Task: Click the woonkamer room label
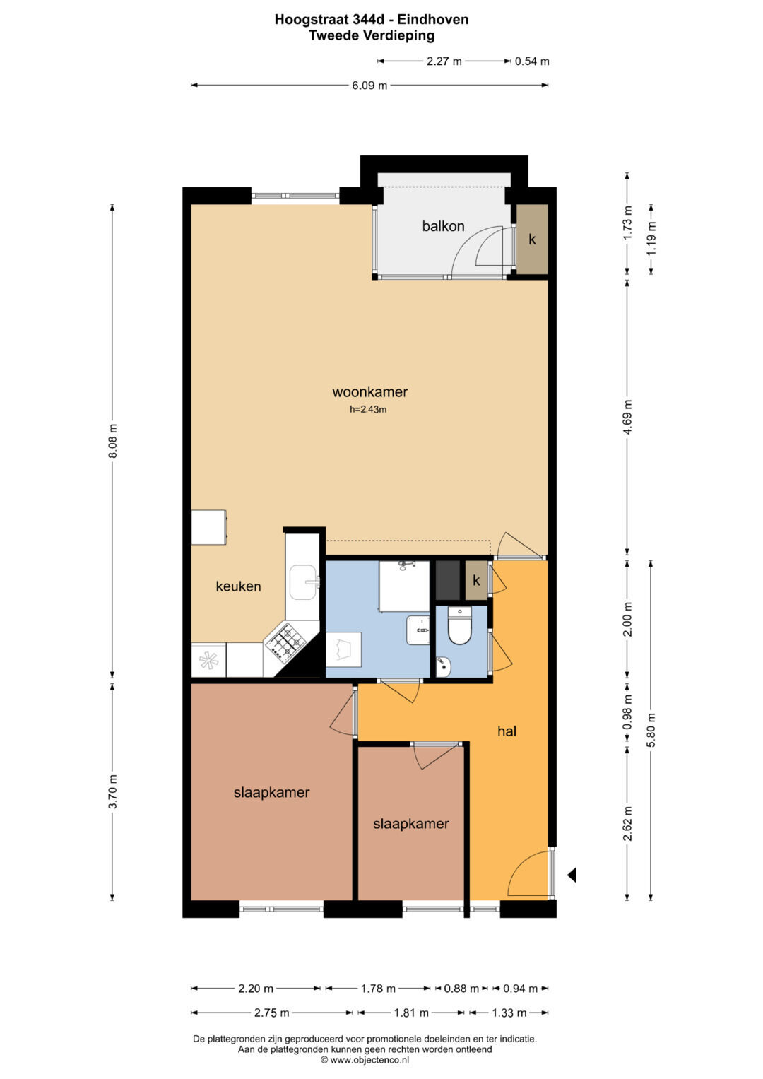coord(369,392)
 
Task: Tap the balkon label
coord(443,226)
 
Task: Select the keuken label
coord(238,586)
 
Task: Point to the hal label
coord(507,731)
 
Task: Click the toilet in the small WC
coord(459,625)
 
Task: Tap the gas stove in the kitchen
coord(287,641)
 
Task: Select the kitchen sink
coord(304,582)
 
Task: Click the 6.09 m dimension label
coord(369,86)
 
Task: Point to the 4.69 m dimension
coord(627,417)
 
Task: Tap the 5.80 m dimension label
coord(651,730)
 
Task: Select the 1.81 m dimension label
coord(411,1013)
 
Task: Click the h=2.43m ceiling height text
coord(368,409)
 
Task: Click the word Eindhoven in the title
coord(432,19)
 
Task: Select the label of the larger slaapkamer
coord(272,792)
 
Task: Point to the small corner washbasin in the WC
coord(443,666)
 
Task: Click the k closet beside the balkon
coord(532,240)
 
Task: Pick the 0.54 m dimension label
coord(532,61)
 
